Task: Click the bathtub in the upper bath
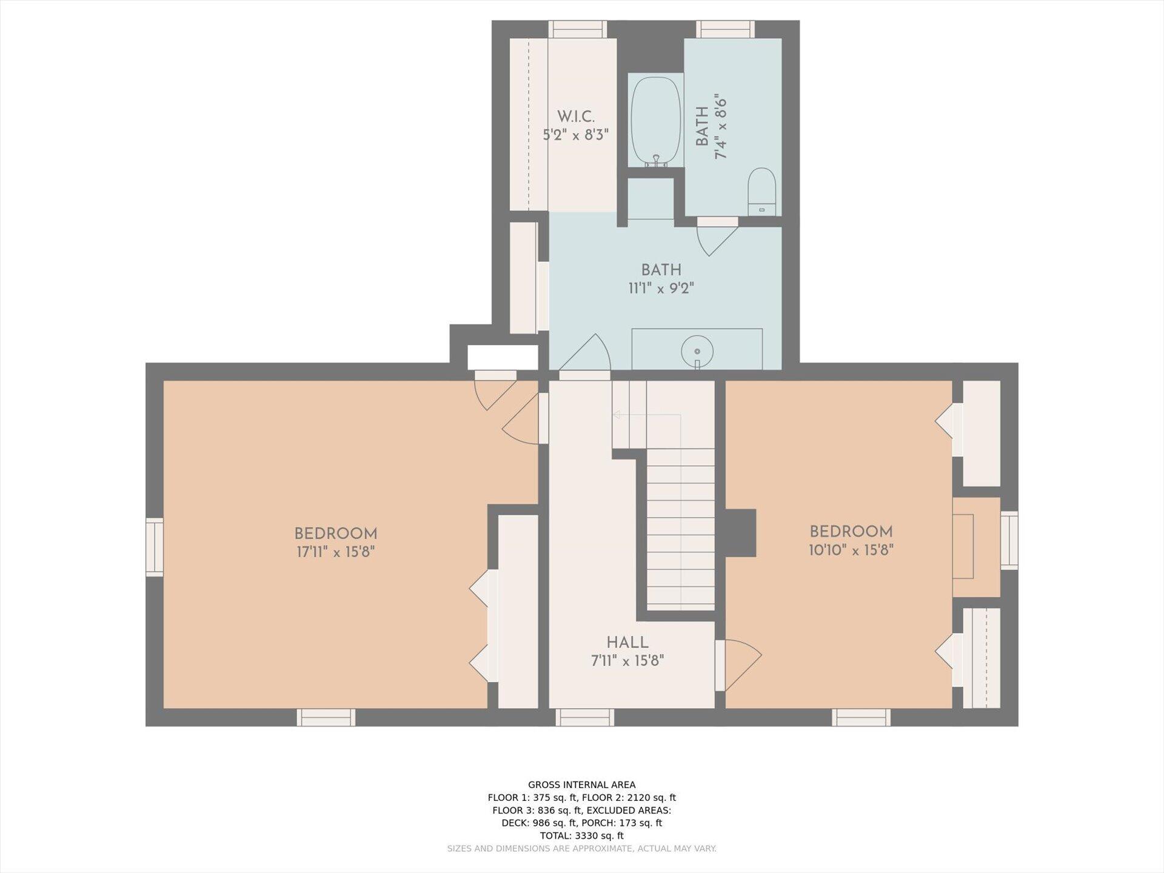click(656, 122)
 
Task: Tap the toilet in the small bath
click(761, 192)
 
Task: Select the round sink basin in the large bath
click(697, 351)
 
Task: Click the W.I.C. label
click(576, 117)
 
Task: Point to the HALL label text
click(627, 643)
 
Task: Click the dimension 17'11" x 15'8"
click(336, 552)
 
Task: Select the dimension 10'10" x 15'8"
click(851, 550)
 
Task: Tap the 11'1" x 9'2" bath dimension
click(661, 288)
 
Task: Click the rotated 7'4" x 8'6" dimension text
click(721, 126)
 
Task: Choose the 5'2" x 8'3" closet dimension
click(576, 135)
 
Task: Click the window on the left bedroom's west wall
click(155, 547)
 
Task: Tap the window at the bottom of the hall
click(584, 717)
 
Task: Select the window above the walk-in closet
click(578, 30)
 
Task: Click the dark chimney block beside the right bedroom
click(740, 533)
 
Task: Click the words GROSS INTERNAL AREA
click(582, 784)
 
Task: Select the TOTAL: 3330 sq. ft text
click(582, 835)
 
